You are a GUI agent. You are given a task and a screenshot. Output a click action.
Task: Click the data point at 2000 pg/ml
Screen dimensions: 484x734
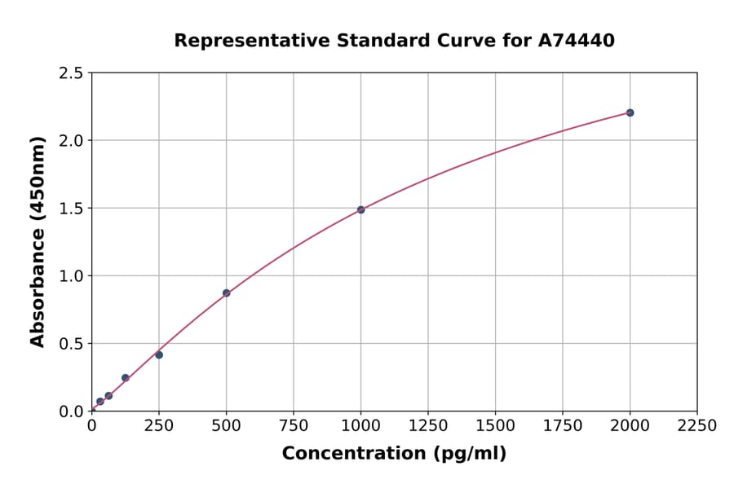click(x=630, y=112)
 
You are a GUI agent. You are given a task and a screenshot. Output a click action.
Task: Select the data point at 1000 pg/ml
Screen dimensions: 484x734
click(x=360, y=209)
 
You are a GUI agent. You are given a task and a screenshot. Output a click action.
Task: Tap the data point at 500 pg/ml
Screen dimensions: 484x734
click(x=226, y=293)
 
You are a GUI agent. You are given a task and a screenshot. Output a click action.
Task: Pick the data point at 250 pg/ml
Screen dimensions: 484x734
click(x=159, y=354)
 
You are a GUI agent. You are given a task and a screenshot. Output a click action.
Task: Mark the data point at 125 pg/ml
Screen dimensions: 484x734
click(x=125, y=377)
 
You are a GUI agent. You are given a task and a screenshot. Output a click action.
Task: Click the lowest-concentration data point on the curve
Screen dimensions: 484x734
click(x=99, y=401)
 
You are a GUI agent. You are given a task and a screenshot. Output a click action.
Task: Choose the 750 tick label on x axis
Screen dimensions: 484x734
click(x=294, y=426)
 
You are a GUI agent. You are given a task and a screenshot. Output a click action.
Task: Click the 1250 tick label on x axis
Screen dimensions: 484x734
click(x=428, y=426)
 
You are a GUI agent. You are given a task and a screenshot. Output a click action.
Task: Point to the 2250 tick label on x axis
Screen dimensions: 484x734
click(x=697, y=426)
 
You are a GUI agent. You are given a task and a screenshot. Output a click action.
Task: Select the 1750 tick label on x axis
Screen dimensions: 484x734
click(x=563, y=426)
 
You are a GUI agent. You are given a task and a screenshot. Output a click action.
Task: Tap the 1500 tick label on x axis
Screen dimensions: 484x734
click(x=495, y=426)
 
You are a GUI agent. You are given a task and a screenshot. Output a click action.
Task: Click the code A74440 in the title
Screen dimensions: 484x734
click(x=577, y=41)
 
